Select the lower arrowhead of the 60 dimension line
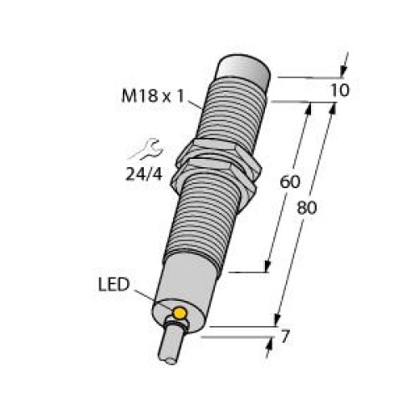pos(268,267)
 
